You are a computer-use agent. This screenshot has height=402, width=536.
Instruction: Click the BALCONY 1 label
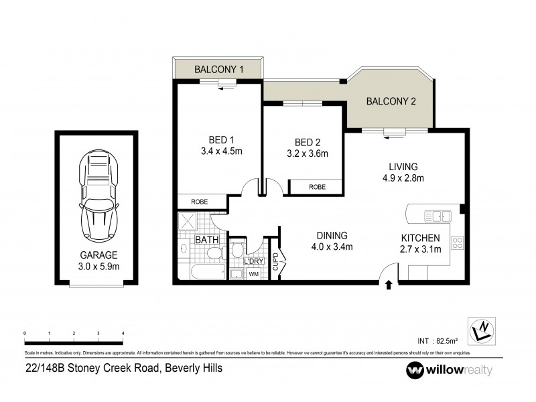click(218, 69)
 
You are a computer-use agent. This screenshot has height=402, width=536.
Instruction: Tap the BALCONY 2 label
click(391, 102)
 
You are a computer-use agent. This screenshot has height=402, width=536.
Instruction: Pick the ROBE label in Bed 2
click(317, 188)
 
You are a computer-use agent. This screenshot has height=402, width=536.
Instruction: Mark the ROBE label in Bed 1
click(199, 201)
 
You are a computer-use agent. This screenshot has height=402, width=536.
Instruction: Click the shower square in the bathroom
click(189, 222)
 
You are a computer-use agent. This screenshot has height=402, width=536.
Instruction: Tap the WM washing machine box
click(253, 273)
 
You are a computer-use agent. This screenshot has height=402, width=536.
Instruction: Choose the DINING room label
click(332, 236)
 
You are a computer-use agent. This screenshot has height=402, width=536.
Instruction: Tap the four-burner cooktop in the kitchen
click(458, 243)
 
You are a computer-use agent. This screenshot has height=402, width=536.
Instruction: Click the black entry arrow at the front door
click(389, 286)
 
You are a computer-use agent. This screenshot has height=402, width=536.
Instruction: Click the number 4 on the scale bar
click(123, 333)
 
